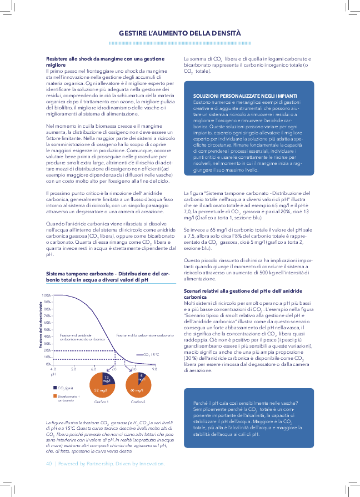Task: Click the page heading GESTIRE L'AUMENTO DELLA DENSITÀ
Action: click(179, 33)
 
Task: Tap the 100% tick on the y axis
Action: click(47, 295)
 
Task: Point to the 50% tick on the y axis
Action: click(48, 329)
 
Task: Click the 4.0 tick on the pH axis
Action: click(53, 369)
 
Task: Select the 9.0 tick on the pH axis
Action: click(154, 369)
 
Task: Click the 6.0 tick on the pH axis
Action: click(93, 369)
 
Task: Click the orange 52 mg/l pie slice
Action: click(100, 390)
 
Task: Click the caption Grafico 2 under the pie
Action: click(138, 401)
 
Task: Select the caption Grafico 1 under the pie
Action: click(101, 401)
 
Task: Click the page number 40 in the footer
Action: click(49, 463)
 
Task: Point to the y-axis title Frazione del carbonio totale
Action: click(41, 325)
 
